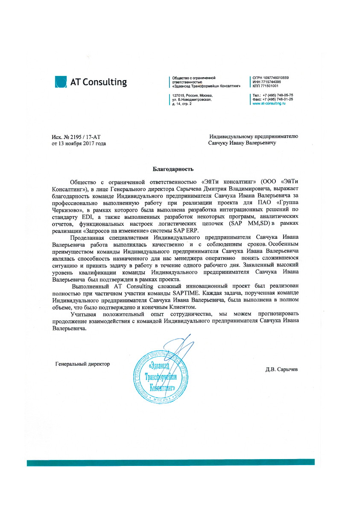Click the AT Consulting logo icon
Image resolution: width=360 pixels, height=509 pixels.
click(x=61, y=81)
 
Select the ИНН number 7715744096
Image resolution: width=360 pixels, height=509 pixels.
click(x=269, y=81)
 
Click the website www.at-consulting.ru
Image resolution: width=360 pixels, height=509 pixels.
click(x=269, y=103)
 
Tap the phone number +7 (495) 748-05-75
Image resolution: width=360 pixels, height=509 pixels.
click(x=278, y=95)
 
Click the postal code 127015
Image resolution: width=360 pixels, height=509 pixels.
click(x=178, y=96)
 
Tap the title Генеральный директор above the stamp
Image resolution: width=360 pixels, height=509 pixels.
click(x=82, y=364)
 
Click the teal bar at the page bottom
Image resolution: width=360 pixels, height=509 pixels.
click(x=171, y=462)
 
